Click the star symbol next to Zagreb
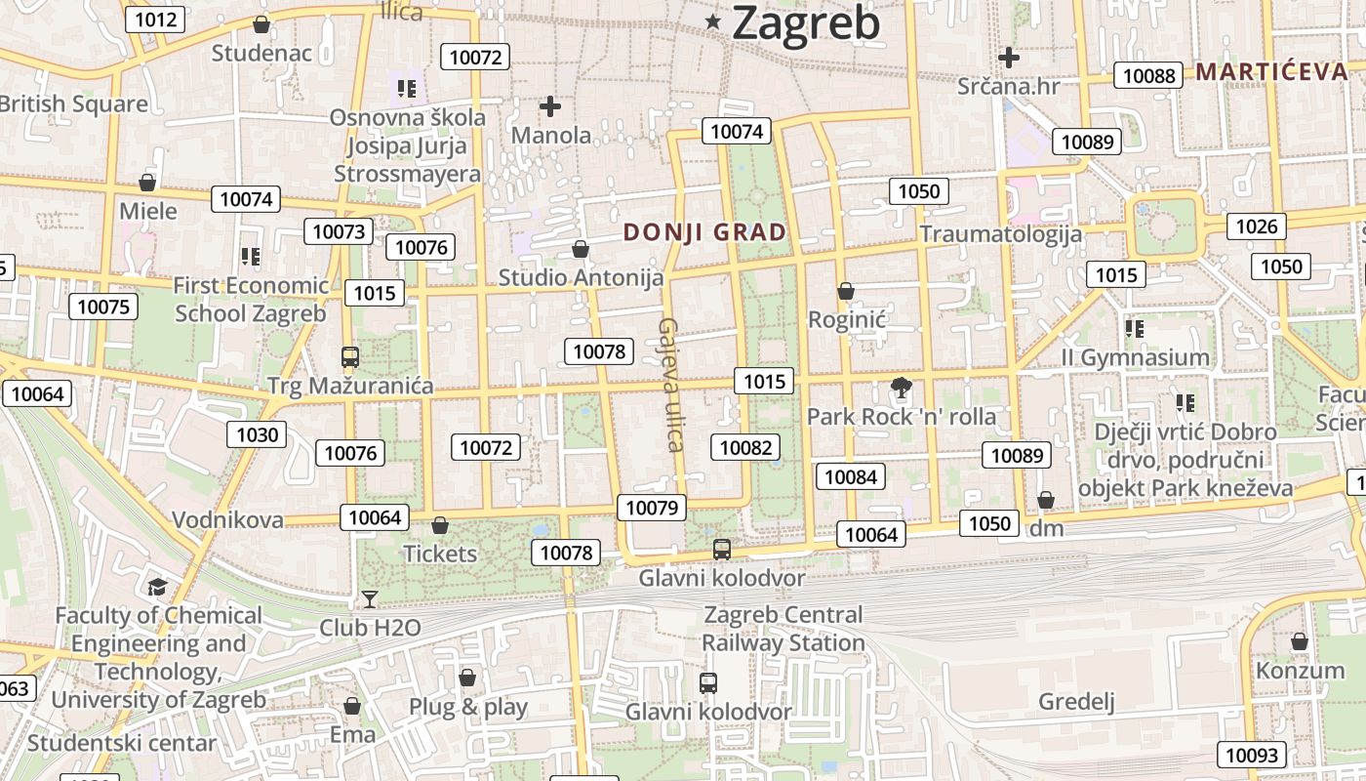pos(714,21)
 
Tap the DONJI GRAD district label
pos(704,232)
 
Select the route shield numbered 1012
pos(156,19)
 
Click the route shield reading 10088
pos(1149,76)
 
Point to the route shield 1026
pos(1256,226)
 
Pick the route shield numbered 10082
pos(746,447)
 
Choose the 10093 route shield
pos(1251,755)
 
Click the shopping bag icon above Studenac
pos(261,24)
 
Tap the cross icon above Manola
pos(550,105)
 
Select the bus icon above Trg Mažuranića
pos(349,357)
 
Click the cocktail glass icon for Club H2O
pos(369,598)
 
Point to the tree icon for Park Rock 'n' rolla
pos(902,389)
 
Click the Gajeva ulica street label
pos(669,385)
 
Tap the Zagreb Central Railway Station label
pos(783,629)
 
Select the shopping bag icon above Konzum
pos(1299,641)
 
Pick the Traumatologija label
pos(1001,234)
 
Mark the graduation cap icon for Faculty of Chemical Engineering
pos(157,587)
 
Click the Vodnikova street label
pos(228,519)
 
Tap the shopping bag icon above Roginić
pos(846,291)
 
